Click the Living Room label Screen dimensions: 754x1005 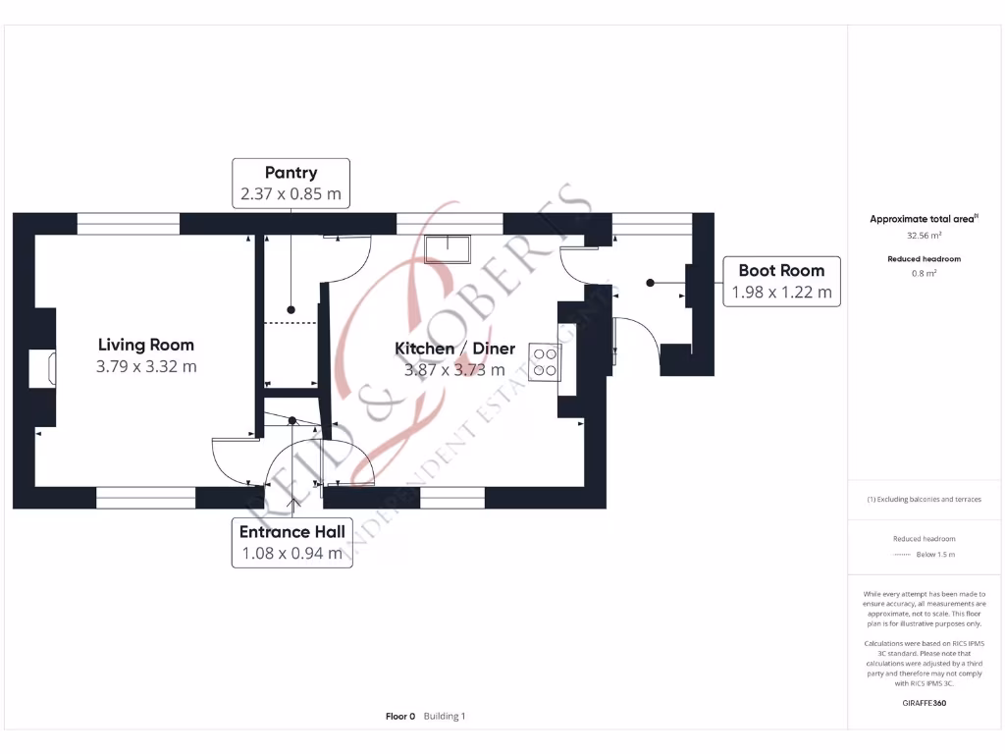[x=145, y=345]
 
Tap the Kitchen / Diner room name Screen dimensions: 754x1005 [x=454, y=349]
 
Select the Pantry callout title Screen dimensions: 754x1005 [x=291, y=173]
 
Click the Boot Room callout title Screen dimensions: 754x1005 [x=781, y=270]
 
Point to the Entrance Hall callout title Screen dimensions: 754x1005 [x=292, y=531]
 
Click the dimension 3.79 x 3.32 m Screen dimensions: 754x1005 [x=146, y=367]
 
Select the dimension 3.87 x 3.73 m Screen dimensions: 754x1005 [x=454, y=370]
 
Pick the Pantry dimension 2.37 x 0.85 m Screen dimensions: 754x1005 [x=291, y=194]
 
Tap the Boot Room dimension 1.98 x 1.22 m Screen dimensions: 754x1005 [x=781, y=292]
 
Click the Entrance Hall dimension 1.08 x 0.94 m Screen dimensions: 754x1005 [x=292, y=553]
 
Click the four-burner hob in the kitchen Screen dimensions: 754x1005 [x=544, y=361]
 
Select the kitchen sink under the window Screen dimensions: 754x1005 [x=447, y=249]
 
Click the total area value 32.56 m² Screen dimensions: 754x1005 [x=922, y=236]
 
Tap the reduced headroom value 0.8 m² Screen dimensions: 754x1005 [x=923, y=274]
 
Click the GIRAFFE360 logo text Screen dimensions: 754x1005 [x=923, y=703]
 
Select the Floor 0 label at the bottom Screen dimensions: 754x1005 [x=400, y=717]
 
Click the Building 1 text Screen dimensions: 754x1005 [x=445, y=717]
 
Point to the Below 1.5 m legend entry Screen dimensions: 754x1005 [x=935, y=555]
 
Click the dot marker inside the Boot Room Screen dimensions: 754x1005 [x=650, y=283]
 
